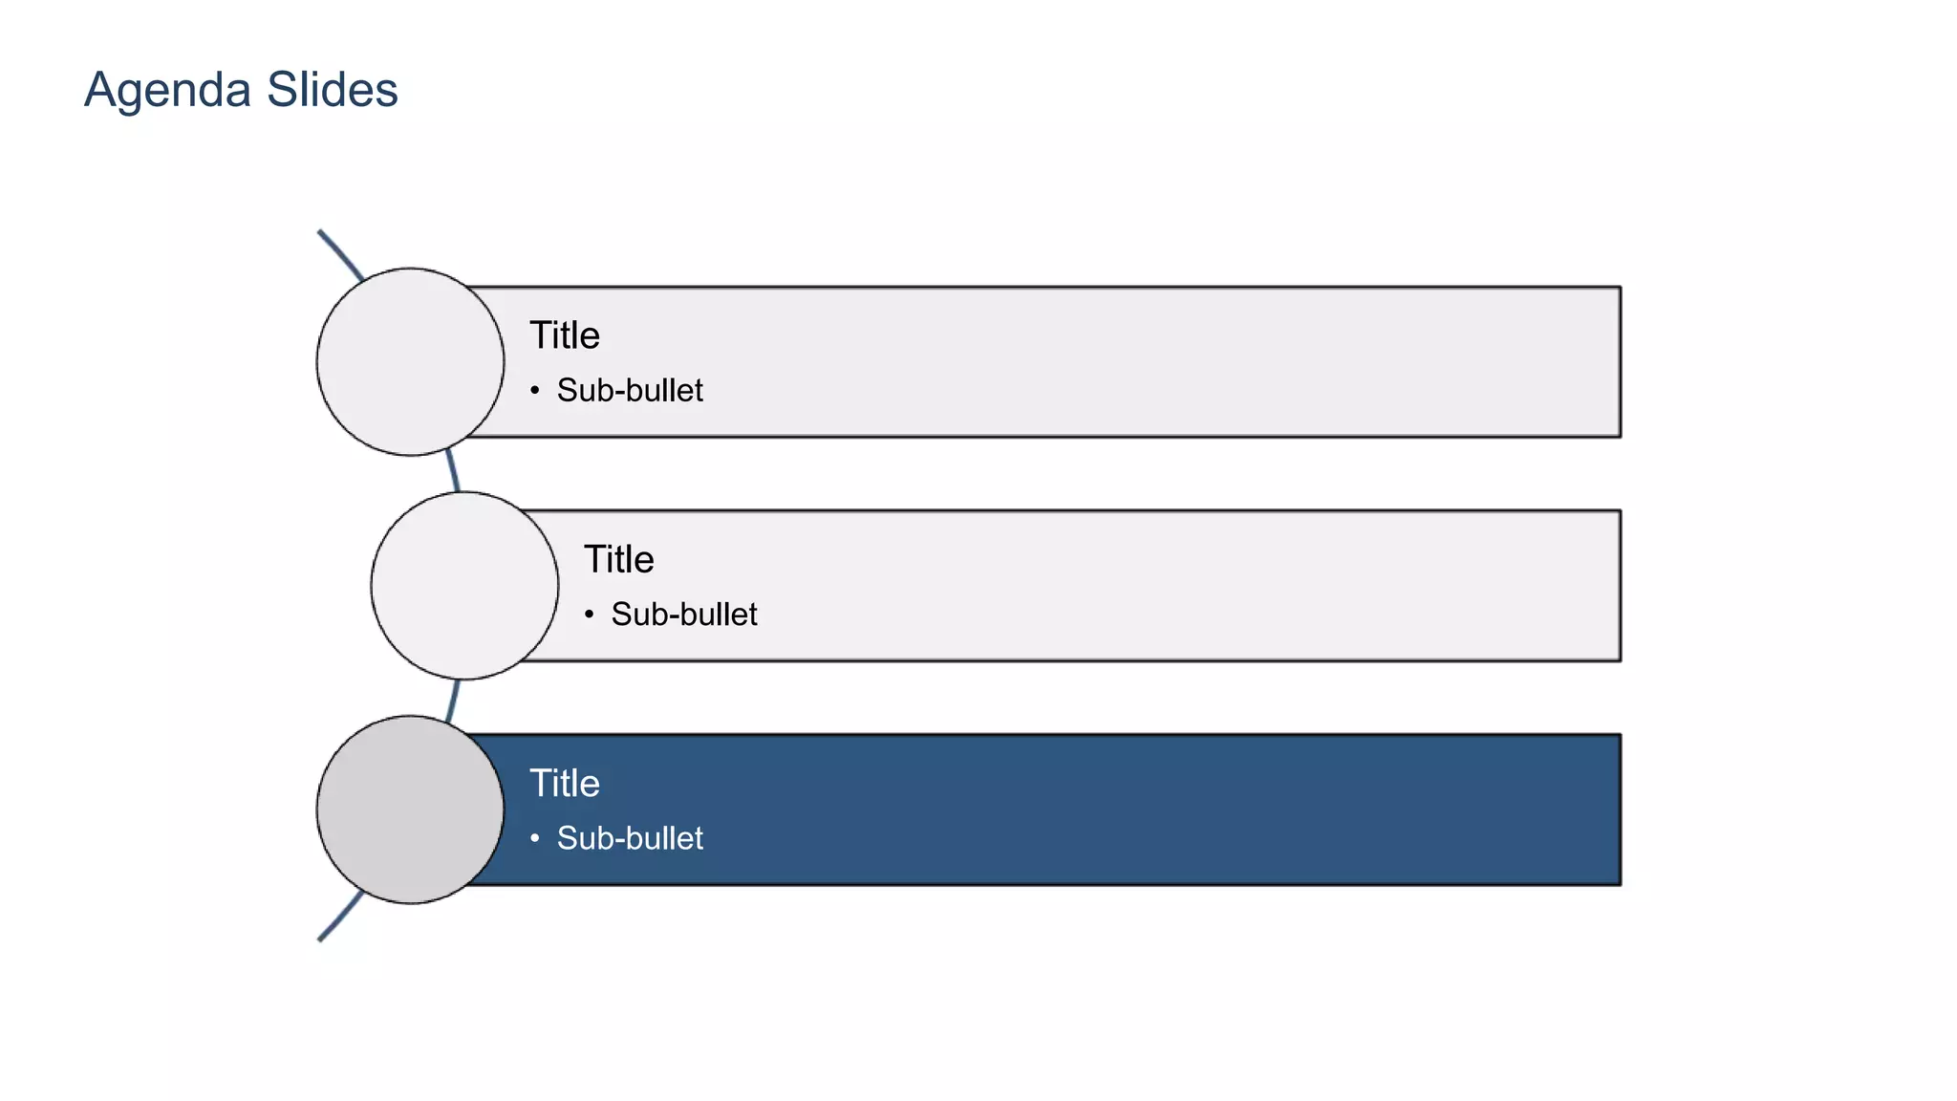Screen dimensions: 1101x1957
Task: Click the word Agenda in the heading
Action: [x=167, y=92]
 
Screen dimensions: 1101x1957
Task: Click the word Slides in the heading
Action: [x=332, y=90]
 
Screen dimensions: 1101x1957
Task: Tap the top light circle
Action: [x=410, y=362]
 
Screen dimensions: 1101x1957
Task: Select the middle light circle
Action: [x=464, y=586]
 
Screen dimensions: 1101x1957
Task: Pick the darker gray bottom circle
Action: [x=410, y=810]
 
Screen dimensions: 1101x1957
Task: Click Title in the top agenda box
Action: [x=565, y=335]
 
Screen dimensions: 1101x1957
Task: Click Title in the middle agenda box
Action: [x=619, y=559]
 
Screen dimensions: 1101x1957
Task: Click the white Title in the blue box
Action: [x=565, y=784]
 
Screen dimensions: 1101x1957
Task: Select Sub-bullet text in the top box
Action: [x=630, y=390]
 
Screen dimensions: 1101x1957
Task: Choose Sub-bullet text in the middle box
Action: [x=684, y=614]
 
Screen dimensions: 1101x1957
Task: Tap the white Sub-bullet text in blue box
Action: [x=630, y=838]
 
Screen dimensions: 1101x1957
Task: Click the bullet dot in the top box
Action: [x=535, y=390]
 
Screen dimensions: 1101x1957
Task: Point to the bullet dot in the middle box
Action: [x=590, y=614]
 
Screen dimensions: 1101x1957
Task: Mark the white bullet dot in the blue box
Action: [x=535, y=838]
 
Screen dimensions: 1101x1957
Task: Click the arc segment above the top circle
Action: [x=341, y=253]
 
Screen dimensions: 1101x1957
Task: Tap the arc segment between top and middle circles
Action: [x=453, y=473]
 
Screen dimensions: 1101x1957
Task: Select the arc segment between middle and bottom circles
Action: [x=453, y=699]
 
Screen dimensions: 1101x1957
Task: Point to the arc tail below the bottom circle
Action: [x=339, y=918]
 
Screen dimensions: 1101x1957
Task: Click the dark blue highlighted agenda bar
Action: [x=1051, y=810]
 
